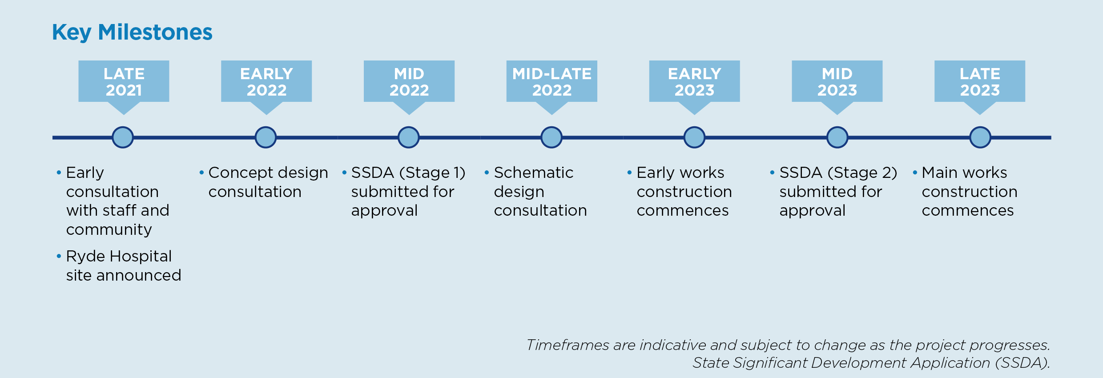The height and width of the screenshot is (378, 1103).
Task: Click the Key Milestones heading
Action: click(132, 32)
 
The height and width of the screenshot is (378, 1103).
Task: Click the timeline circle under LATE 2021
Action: click(123, 137)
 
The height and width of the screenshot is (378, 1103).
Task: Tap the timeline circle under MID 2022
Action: click(408, 137)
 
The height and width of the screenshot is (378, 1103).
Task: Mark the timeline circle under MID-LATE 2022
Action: click(551, 137)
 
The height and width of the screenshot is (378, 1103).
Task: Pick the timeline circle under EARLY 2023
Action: click(694, 137)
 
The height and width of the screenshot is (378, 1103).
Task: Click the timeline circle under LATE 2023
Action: click(980, 137)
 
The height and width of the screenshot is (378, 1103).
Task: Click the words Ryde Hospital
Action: click(119, 257)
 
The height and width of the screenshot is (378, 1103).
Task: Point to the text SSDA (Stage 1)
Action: click(408, 173)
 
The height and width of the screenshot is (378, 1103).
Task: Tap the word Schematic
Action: click(534, 173)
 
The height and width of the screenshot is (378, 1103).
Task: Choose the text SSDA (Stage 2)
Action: click(838, 173)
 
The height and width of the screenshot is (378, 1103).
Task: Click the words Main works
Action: click(964, 173)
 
